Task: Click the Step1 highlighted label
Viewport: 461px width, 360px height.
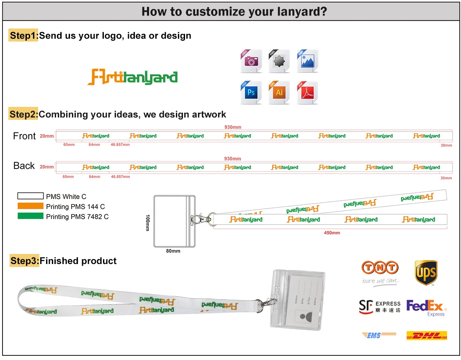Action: (23, 36)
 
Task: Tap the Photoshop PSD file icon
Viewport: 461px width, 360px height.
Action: (251, 92)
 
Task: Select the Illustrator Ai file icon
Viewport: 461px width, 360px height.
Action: (279, 92)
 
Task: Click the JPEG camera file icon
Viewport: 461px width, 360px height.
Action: (251, 61)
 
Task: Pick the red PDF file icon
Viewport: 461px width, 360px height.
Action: (307, 92)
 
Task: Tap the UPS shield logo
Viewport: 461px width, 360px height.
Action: (426, 272)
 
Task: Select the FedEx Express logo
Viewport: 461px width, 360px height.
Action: (425, 307)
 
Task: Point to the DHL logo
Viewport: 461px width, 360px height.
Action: (427, 335)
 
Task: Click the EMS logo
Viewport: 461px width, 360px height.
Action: (379, 335)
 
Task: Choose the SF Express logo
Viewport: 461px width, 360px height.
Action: (379, 306)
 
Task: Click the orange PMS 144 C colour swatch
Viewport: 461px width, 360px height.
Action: (30, 206)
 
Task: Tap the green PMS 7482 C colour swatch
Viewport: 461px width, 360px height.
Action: (30, 216)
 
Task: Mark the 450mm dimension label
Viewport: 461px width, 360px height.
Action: (332, 233)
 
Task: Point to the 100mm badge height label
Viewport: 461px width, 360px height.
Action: (147, 223)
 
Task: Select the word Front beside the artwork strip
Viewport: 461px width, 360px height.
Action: (24, 136)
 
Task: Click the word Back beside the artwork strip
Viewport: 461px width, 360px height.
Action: (24, 166)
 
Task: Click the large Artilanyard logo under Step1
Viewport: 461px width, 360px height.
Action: (132, 77)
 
